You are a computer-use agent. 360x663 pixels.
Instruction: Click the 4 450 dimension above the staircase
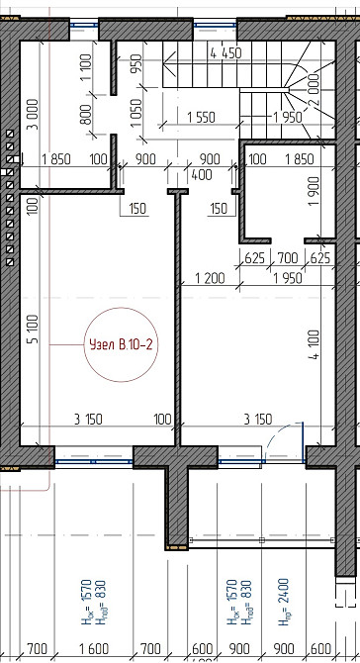225,53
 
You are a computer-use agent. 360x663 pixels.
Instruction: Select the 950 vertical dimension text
136,64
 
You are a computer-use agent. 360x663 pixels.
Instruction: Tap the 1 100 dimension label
86,68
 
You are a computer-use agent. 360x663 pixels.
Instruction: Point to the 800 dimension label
86,115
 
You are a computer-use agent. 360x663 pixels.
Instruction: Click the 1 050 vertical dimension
136,114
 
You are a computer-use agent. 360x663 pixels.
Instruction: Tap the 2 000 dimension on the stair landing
314,90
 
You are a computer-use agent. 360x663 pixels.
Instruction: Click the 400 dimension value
202,174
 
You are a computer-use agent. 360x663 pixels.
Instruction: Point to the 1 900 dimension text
314,191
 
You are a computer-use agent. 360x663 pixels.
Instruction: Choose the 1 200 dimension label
210,278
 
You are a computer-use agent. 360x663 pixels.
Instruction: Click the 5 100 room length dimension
34,329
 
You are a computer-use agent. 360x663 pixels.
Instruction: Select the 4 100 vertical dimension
315,344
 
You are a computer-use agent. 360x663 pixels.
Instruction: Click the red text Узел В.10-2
121,345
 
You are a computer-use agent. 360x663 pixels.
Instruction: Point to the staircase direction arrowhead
168,64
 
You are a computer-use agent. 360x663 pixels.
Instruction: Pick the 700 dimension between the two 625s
288,257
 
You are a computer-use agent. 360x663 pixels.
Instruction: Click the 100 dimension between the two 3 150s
163,419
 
